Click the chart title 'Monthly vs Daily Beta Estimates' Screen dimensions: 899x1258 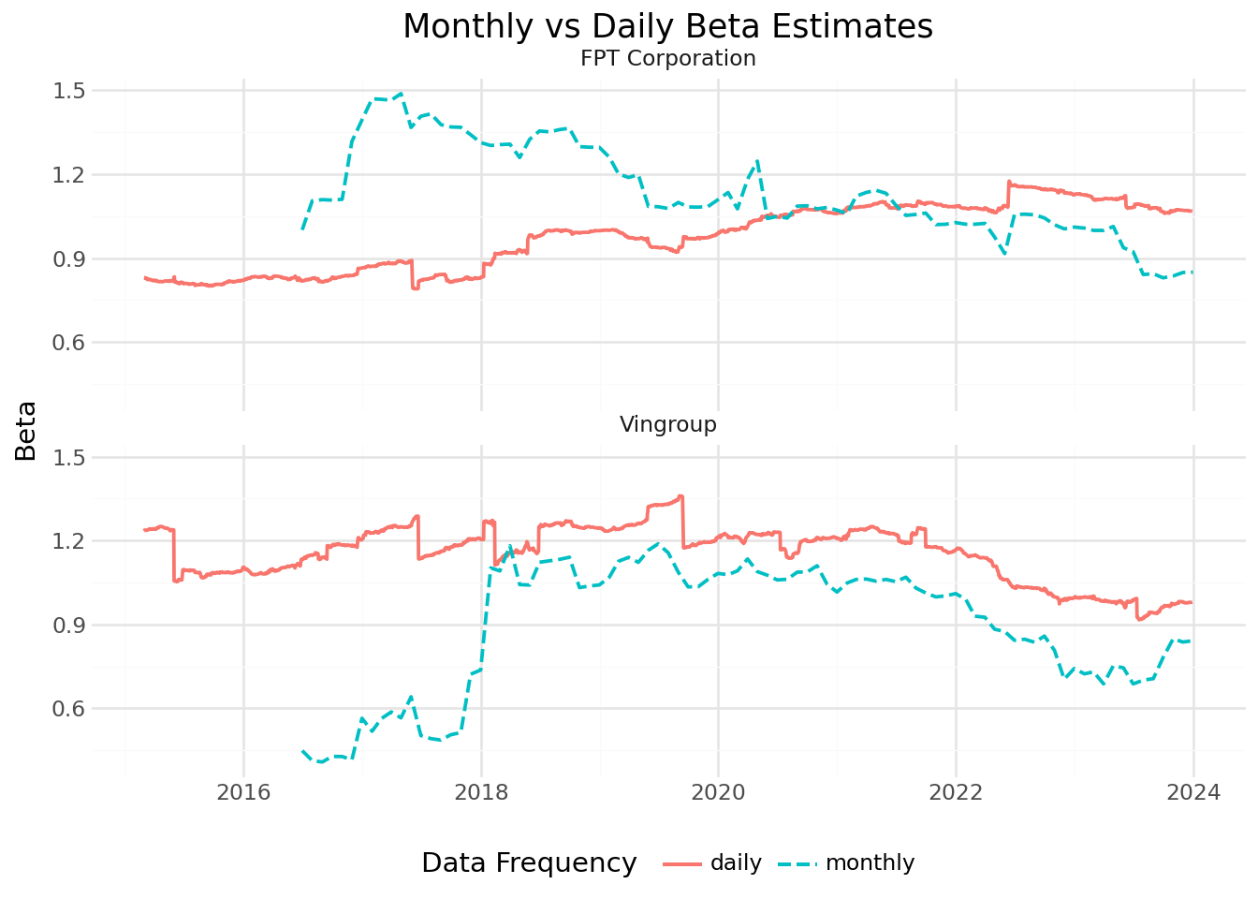(x=667, y=26)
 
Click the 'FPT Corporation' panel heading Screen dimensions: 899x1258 (x=667, y=58)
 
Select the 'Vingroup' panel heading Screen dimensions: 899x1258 (x=667, y=424)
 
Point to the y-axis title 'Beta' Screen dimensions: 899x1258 (x=26, y=431)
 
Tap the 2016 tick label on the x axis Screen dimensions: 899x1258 (x=243, y=792)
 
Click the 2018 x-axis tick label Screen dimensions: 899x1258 (x=481, y=792)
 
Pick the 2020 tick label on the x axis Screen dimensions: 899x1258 (x=718, y=792)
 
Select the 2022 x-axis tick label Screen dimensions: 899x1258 (x=956, y=792)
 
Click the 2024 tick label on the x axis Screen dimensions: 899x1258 (x=1193, y=792)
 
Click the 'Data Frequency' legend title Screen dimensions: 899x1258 (x=529, y=862)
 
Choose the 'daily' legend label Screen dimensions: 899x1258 (x=736, y=862)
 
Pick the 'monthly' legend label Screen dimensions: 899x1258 (x=870, y=862)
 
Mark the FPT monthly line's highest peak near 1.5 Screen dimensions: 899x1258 (x=401, y=94)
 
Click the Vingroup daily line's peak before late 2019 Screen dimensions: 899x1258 (x=680, y=496)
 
